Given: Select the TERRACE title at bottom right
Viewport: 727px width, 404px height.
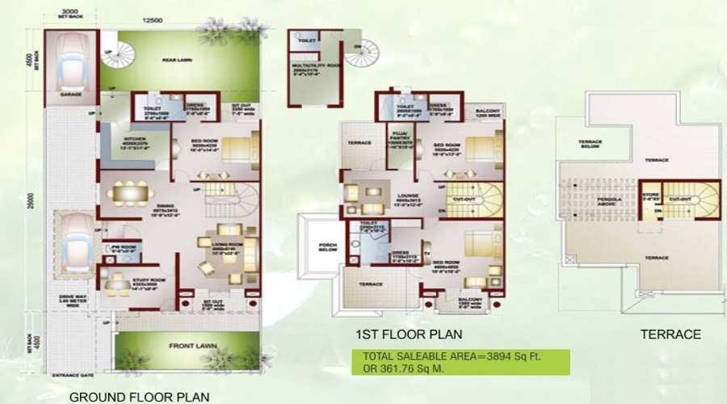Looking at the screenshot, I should [x=670, y=334].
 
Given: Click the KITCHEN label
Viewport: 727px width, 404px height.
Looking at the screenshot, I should [x=111, y=138].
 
